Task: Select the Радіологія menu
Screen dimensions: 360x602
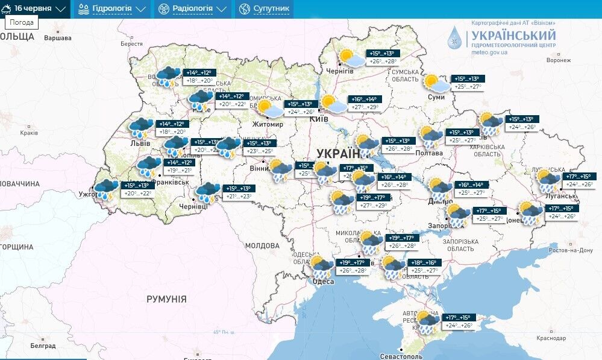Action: tap(192, 9)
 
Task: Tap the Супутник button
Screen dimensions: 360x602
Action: tap(264, 9)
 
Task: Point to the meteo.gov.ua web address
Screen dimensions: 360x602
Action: tap(489, 52)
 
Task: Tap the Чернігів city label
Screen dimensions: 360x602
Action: tap(339, 71)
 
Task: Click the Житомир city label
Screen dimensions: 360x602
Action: tap(268, 124)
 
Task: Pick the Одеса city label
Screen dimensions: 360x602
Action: tap(324, 281)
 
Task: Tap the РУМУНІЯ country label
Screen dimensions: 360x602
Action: tap(166, 299)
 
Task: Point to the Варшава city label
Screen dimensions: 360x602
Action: tap(57, 38)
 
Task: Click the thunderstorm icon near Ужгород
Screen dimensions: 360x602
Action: tap(107, 189)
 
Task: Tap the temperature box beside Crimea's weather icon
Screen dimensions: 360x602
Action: tap(457, 321)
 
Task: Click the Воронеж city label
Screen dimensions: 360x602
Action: tap(558, 60)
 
